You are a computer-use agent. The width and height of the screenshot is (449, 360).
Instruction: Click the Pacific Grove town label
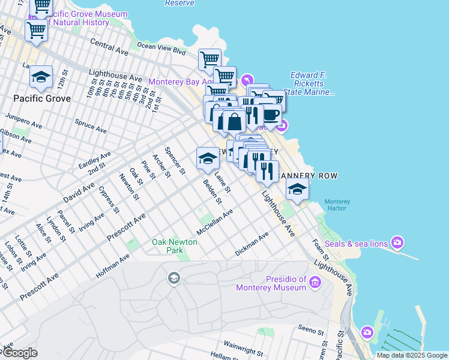point(42,98)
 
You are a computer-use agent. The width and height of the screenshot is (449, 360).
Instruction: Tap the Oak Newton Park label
point(175,246)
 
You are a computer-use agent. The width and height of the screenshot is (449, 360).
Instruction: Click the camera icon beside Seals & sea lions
point(397,243)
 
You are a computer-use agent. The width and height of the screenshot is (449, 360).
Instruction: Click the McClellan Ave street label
point(214,223)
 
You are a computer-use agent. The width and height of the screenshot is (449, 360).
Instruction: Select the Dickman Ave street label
point(252,245)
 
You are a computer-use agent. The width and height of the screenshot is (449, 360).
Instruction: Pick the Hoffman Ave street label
point(113,266)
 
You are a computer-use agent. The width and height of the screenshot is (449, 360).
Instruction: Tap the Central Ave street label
point(110,47)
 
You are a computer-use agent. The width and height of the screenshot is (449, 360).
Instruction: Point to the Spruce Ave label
point(91,126)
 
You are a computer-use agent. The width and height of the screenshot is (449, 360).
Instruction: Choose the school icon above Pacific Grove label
point(41,76)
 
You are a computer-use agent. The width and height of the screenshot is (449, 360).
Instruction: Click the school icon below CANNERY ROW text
point(297,190)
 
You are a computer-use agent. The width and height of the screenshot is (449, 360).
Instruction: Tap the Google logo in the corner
point(20,353)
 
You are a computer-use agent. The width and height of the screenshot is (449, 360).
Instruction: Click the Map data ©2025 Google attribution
point(412,355)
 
